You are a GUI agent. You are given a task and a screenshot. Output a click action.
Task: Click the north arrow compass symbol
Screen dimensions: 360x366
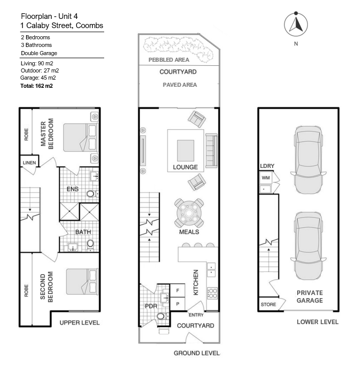296,24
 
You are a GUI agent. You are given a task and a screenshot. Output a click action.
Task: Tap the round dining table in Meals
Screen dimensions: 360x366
189,213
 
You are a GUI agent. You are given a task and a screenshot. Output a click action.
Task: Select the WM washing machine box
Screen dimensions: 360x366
266,178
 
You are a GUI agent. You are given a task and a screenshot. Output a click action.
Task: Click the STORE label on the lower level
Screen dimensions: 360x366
268,304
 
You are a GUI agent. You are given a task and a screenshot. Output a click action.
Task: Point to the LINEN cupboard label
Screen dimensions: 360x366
29,163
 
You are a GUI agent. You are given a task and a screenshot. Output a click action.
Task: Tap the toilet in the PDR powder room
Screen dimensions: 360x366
163,316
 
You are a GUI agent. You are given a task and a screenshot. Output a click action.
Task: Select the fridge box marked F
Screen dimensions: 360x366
177,290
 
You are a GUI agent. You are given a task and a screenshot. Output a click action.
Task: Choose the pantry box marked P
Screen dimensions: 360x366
177,304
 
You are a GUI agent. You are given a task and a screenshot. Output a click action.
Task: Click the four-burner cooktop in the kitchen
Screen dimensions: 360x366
212,294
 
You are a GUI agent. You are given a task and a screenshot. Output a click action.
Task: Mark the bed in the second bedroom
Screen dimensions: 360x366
82,281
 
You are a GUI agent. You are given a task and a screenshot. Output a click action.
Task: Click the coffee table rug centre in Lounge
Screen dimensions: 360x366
185,151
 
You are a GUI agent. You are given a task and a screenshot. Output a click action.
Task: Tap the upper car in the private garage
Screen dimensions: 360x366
308,160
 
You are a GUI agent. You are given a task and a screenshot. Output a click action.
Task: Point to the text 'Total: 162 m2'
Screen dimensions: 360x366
37,86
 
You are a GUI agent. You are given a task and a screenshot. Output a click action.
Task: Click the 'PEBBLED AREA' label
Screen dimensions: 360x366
169,60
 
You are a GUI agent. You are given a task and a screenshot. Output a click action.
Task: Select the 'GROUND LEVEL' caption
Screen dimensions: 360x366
197,353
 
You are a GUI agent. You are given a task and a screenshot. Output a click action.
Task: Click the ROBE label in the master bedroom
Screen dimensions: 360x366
26,134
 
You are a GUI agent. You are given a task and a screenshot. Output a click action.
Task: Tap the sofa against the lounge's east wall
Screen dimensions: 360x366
211,151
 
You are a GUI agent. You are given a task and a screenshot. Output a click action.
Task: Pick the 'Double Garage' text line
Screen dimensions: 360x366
39,53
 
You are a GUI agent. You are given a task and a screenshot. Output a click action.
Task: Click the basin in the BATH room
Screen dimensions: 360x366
74,248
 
